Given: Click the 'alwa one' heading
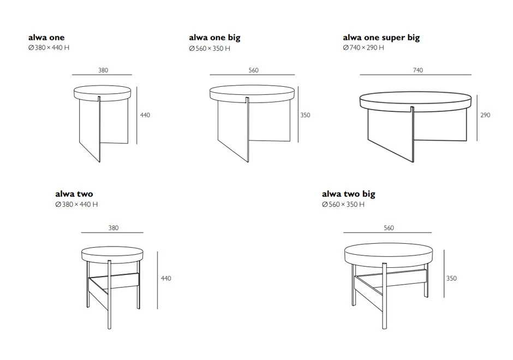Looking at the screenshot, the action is coord(46,37).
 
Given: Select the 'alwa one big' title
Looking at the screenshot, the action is coord(214,38).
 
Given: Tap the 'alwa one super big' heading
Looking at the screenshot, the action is coord(381,38).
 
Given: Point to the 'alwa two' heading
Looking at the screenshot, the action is coord(74,194).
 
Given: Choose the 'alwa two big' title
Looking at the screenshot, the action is coord(348,194).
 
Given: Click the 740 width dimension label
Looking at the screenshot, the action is coord(418,70).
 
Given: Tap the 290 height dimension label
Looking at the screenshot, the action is coord(485,115).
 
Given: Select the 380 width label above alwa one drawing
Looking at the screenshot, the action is coord(103,70).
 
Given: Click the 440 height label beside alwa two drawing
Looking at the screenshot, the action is coord(166,278).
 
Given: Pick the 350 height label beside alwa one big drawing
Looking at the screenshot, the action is coord(305,115).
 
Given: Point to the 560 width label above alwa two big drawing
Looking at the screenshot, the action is coord(389,228).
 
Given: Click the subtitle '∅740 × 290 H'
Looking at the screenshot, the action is coord(363,48).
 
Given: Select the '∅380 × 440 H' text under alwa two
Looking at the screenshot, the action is coord(76,205).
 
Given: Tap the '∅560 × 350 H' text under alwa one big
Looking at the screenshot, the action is coord(210,49).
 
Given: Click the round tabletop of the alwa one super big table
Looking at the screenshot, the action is coord(415,101).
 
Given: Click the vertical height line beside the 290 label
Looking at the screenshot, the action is coord(477,118).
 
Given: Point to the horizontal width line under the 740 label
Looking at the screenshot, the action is coord(415,75).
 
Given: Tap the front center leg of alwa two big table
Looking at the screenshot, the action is coord(385,296).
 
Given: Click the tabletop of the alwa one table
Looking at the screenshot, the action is coord(102,92).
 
